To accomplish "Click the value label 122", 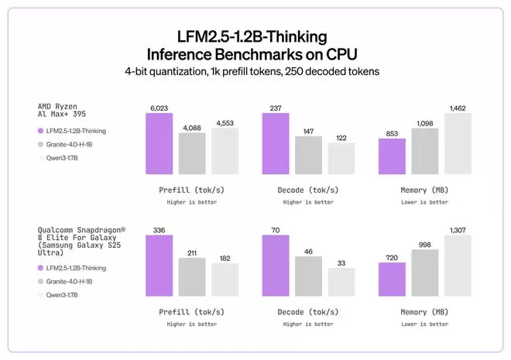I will coord(341,137).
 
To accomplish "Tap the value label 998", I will coord(424,244).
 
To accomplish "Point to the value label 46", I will coord(308,251).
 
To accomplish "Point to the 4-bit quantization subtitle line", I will coord(255,72).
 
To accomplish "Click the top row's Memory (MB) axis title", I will coord(424,190).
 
